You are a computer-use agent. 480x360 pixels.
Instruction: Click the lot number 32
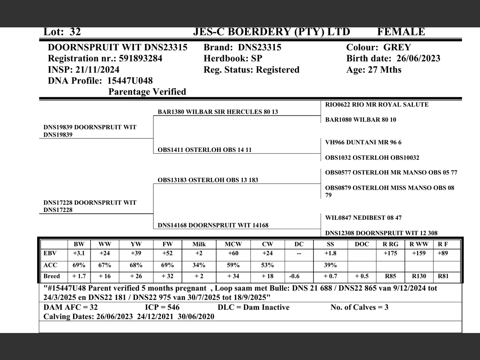pos(75,32)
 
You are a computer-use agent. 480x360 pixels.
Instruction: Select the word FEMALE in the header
pos(401,32)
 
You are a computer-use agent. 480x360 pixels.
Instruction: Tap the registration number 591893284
pos(141,58)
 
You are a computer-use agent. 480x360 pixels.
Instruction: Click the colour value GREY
pos(397,48)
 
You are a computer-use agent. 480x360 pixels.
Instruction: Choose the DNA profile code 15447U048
pos(130,81)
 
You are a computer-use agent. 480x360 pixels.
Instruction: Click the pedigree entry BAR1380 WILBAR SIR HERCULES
pos(217,112)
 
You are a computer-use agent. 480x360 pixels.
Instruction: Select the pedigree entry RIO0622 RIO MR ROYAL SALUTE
pos(376,105)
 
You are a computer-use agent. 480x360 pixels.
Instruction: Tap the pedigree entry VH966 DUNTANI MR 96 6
pos(363,142)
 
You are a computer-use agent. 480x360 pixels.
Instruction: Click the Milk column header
pos(199,244)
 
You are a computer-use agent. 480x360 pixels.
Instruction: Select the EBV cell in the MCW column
pos(233,253)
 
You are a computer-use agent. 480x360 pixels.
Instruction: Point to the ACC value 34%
pos(199,265)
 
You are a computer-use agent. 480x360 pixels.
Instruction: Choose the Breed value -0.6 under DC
pos(294,276)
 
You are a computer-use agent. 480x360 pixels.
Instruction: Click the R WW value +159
pos(418,253)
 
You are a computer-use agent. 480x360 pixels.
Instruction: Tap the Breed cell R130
pos(418,276)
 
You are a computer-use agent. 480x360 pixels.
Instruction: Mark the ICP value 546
pos(171,307)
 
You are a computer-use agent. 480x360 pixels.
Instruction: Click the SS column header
pos(330,244)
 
